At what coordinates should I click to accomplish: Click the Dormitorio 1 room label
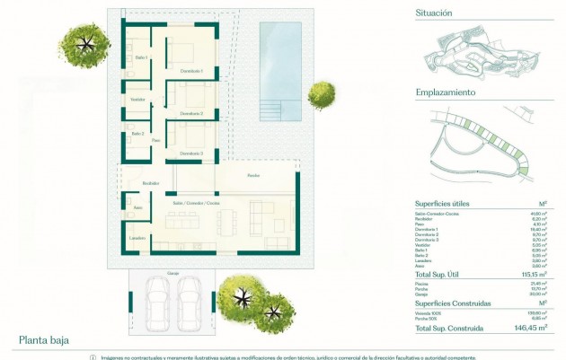point(191,71)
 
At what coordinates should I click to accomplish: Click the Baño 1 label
point(141,58)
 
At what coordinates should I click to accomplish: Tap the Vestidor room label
point(138,99)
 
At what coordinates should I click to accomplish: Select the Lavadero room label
point(137,238)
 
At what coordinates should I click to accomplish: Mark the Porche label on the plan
point(254,176)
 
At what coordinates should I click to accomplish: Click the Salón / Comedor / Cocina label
point(196,204)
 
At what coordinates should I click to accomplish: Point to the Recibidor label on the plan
point(150,183)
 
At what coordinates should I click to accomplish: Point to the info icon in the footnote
point(93,356)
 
